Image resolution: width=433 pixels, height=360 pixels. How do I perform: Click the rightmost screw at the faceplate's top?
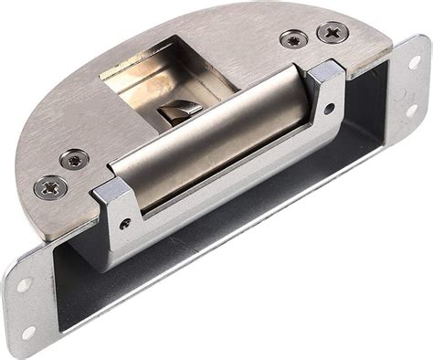[332, 33]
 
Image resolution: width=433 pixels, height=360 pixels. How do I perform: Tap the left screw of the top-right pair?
[292, 40]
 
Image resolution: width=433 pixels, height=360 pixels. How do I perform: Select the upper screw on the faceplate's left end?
[75, 159]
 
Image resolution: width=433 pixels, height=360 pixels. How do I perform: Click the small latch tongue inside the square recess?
[178, 111]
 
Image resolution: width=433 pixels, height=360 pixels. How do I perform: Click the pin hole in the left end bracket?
[124, 222]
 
